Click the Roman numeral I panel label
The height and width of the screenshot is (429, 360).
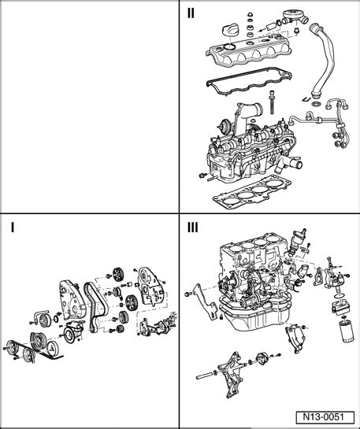pos(13,227)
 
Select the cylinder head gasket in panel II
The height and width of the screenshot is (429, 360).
pos(251,191)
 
